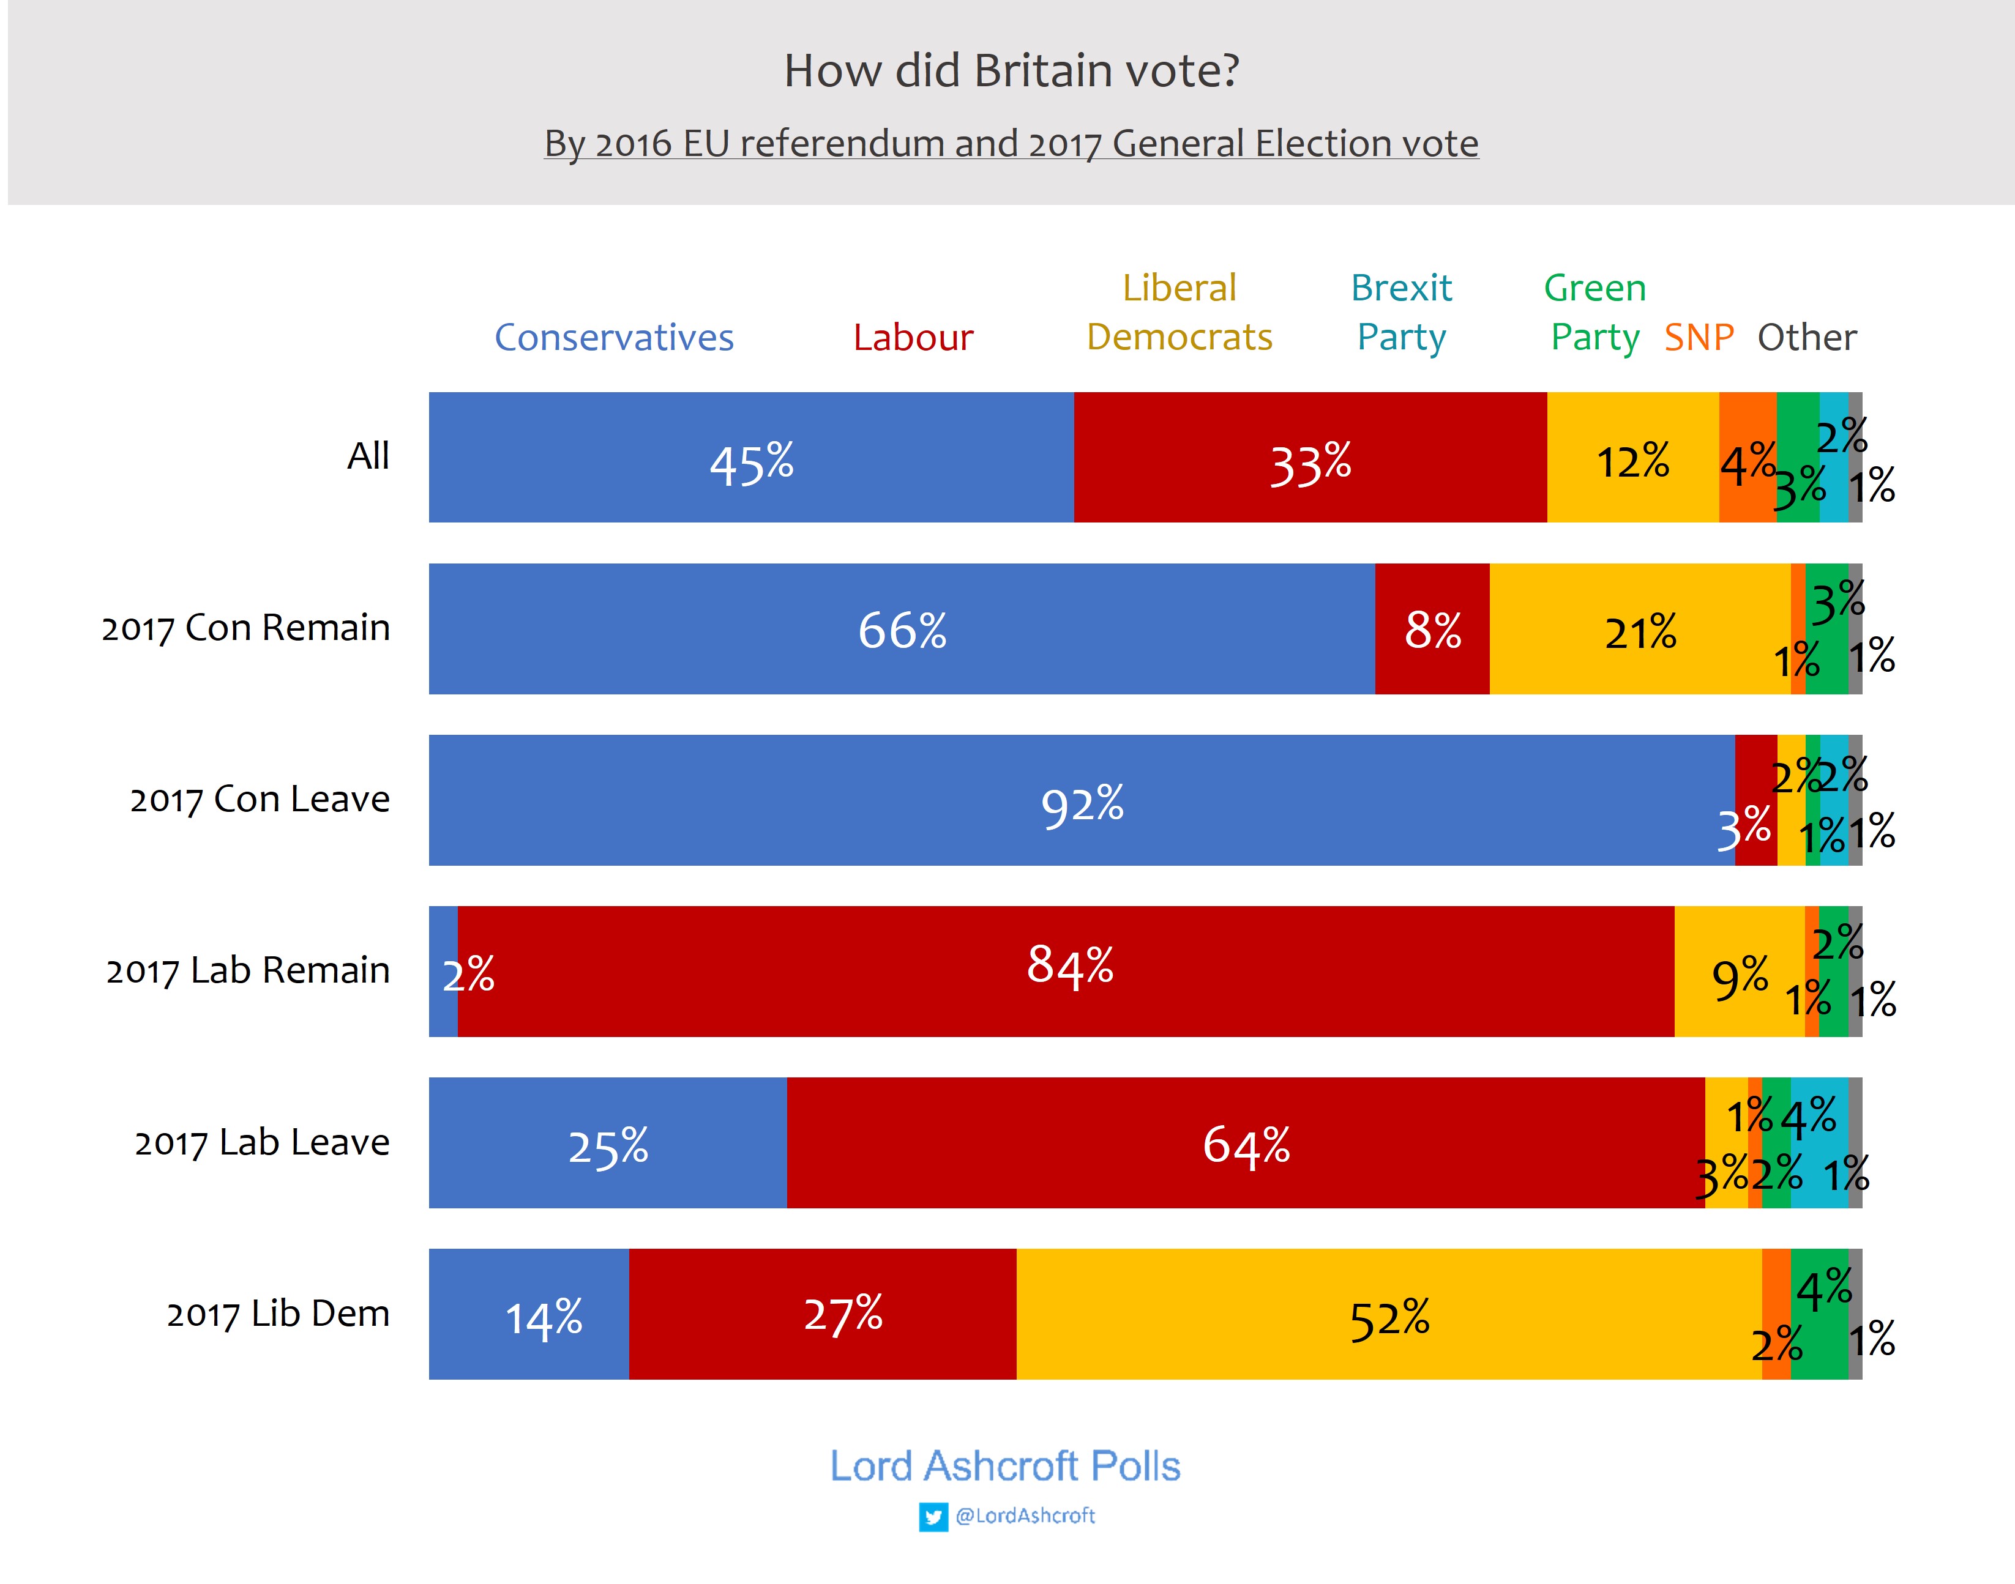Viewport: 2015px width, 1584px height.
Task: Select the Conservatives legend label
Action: pyautogui.click(x=613, y=338)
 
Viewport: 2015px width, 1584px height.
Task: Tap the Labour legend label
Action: pyautogui.click(x=913, y=338)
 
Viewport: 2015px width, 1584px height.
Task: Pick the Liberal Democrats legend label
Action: pyautogui.click(x=1179, y=313)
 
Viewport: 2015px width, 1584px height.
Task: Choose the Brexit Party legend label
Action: pyautogui.click(x=1401, y=313)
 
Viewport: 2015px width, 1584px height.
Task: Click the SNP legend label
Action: pyautogui.click(x=1699, y=338)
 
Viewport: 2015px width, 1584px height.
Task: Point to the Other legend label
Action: pyautogui.click(x=1806, y=338)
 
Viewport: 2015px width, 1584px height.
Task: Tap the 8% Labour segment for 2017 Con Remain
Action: pyautogui.click(x=1432, y=629)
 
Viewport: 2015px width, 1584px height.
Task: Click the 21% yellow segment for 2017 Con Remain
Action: pyautogui.click(x=1639, y=629)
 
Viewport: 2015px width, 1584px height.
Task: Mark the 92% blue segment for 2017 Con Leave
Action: pyautogui.click(x=1081, y=800)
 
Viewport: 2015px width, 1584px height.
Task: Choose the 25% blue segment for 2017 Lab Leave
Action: pyautogui.click(x=608, y=1142)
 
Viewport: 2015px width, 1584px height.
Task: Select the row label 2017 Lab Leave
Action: pyautogui.click(x=263, y=1142)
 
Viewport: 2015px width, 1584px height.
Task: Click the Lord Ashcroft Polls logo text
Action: pyautogui.click(x=1004, y=1466)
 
